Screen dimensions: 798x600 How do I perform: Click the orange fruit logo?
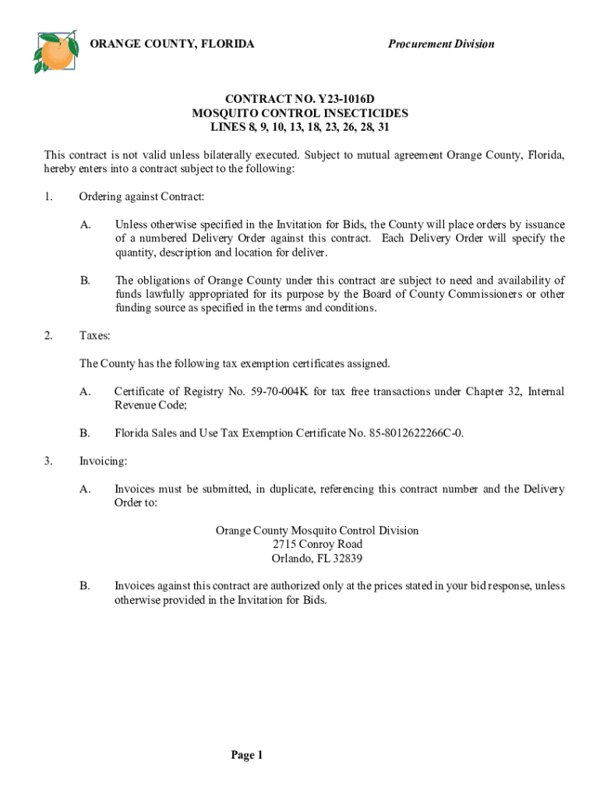click(x=55, y=51)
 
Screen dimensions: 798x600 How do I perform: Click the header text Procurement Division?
click(x=441, y=44)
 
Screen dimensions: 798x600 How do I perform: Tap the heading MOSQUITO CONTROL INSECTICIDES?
click(x=300, y=113)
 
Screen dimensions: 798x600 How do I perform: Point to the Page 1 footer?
click(x=247, y=755)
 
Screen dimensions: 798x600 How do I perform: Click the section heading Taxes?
click(x=95, y=336)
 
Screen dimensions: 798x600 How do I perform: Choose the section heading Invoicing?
click(x=103, y=461)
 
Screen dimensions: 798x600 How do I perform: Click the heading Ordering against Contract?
click(x=141, y=196)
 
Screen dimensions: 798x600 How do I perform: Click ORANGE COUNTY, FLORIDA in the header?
click(x=172, y=44)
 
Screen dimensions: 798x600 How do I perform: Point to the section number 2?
click(x=48, y=336)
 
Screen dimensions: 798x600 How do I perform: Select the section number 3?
click(x=48, y=461)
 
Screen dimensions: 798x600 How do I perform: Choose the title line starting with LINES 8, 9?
click(x=300, y=126)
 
